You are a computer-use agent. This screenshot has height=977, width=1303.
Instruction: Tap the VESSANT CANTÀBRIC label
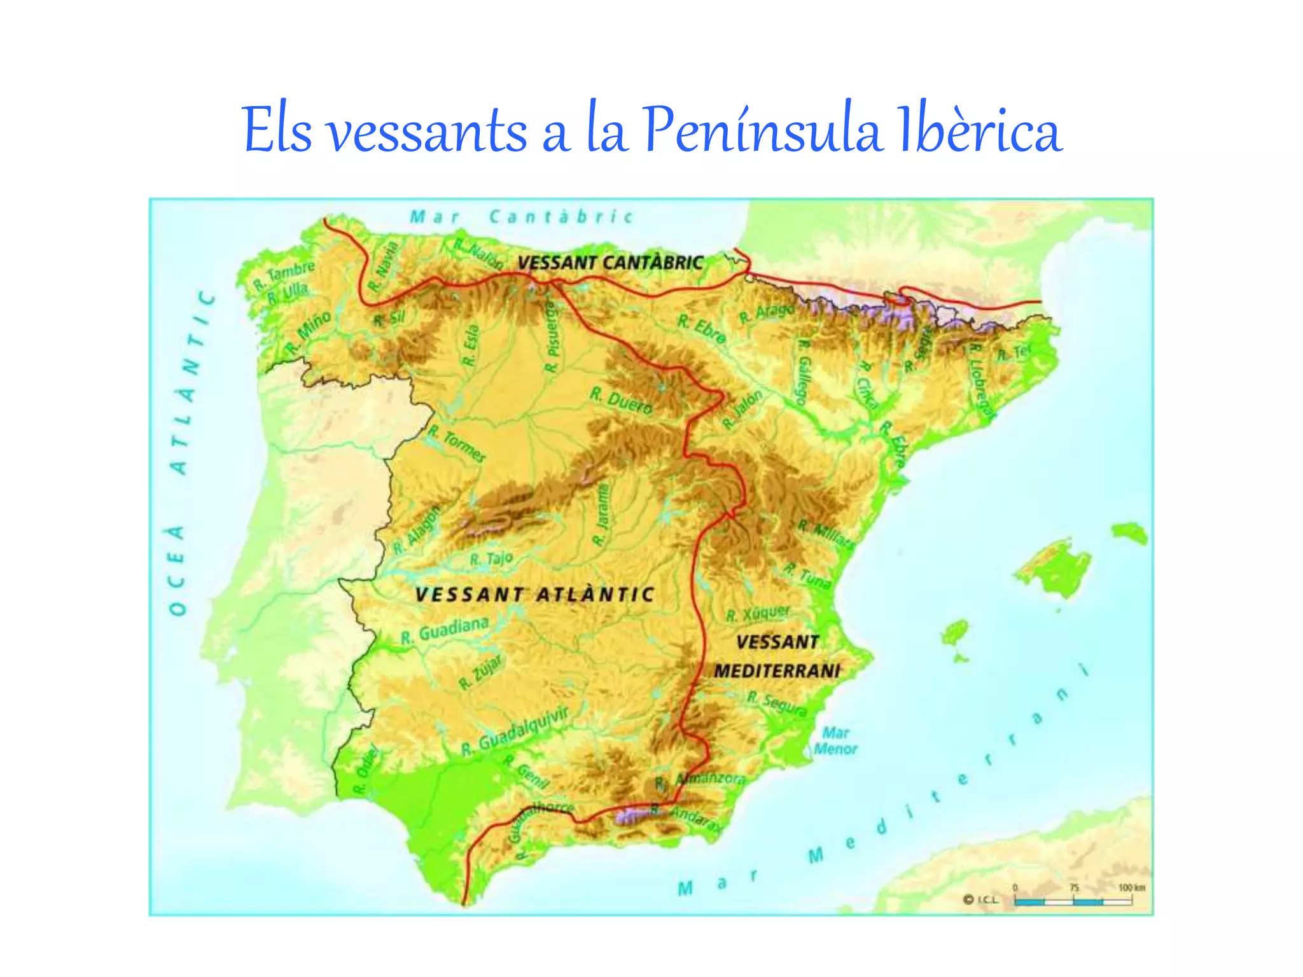[x=610, y=263]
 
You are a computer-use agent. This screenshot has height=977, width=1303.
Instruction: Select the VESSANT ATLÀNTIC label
[x=534, y=595]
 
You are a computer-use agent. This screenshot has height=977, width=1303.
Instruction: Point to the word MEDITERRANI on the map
[x=777, y=671]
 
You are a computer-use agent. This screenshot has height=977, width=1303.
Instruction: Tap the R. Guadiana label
[x=445, y=630]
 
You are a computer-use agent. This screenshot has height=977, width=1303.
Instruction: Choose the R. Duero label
[x=621, y=400]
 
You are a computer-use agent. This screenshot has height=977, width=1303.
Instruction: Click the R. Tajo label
[x=491, y=559]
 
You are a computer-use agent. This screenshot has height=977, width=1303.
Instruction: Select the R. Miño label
[x=309, y=332]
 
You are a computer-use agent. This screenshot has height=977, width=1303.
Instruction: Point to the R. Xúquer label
[x=758, y=613]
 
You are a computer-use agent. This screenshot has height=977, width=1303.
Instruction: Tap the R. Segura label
[x=777, y=703]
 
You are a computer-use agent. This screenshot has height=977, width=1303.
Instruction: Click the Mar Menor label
[x=835, y=741]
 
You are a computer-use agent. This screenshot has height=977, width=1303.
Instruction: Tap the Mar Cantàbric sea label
[x=522, y=217]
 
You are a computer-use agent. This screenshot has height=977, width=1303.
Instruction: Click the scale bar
[x=1073, y=901]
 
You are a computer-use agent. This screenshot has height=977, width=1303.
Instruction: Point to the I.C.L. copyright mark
[x=982, y=899]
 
